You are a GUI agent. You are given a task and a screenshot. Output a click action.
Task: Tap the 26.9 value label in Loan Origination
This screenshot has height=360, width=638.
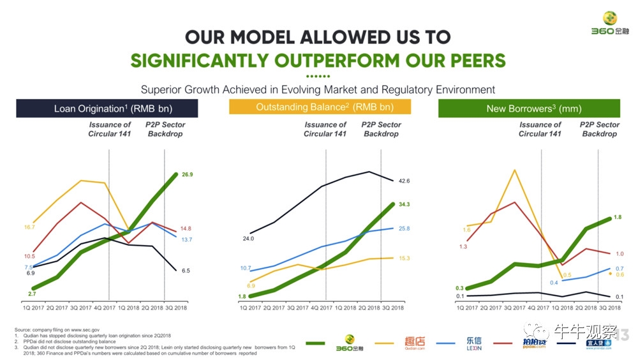point(186,174)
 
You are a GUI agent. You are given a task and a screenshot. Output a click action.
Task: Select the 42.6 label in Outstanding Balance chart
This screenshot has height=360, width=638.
point(403,181)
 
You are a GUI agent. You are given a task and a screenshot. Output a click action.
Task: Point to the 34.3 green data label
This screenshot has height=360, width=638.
point(403,204)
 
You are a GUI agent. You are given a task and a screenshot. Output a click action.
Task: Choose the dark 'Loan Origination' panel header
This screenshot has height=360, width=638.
point(107,109)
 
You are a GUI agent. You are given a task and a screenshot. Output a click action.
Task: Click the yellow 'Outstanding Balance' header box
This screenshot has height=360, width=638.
point(320,107)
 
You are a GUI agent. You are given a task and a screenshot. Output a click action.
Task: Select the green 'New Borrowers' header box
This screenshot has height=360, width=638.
point(529,109)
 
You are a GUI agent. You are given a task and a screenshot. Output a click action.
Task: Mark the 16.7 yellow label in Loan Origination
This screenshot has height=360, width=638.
point(29,227)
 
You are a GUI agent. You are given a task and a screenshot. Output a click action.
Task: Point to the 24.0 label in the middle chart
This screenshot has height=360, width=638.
point(248,239)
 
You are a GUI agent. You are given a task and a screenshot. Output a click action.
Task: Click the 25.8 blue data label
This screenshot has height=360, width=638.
point(403,229)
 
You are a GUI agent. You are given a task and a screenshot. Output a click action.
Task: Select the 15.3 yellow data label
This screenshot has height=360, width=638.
point(403,259)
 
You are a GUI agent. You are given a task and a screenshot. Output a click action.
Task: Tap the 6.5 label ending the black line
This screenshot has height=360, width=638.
point(186,271)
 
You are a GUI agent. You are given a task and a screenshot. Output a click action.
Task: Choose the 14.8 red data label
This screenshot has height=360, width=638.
point(186,229)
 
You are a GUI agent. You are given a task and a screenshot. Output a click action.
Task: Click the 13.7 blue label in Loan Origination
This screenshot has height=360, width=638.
point(186,239)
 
